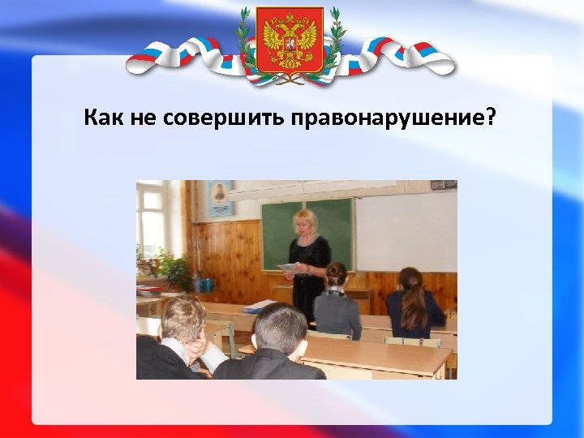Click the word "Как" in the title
[x=104, y=119]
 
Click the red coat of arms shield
[x=290, y=39]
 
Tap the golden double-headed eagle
[x=290, y=36]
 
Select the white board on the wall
[x=405, y=232]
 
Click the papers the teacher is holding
[x=288, y=267]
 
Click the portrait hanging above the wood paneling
[x=220, y=197]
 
